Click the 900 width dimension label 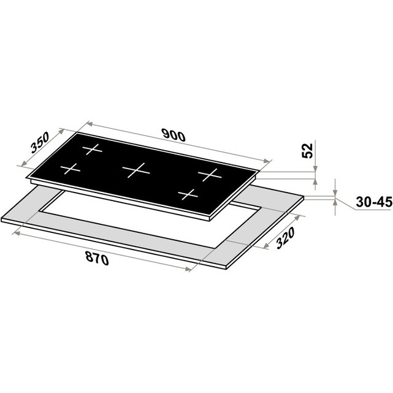coord(174,135)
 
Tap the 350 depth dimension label coord(40,143)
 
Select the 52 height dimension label coord(308,150)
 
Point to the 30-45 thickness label coord(374,202)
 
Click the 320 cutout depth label coord(285,238)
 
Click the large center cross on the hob coord(136,170)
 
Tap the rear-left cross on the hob coord(92,150)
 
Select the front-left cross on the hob coord(71,169)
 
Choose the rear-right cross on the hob coord(210,175)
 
